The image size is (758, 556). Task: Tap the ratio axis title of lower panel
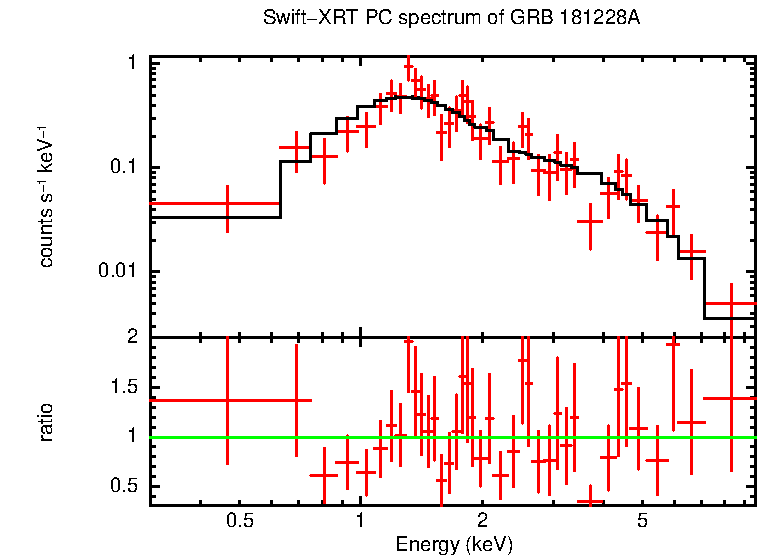tap(46, 422)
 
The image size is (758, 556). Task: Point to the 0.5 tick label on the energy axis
tap(239, 520)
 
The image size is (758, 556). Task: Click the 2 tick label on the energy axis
tap(482, 520)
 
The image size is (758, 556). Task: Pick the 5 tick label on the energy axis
tap(643, 520)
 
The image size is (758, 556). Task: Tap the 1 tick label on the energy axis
tap(360, 520)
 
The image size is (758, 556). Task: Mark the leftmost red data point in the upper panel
tap(228, 203)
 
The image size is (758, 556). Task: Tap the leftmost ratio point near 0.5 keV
tap(228, 400)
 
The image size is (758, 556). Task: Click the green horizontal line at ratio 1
tap(450, 437)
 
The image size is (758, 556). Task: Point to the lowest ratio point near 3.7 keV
tap(591, 500)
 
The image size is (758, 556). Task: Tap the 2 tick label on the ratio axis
tap(131, 337)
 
